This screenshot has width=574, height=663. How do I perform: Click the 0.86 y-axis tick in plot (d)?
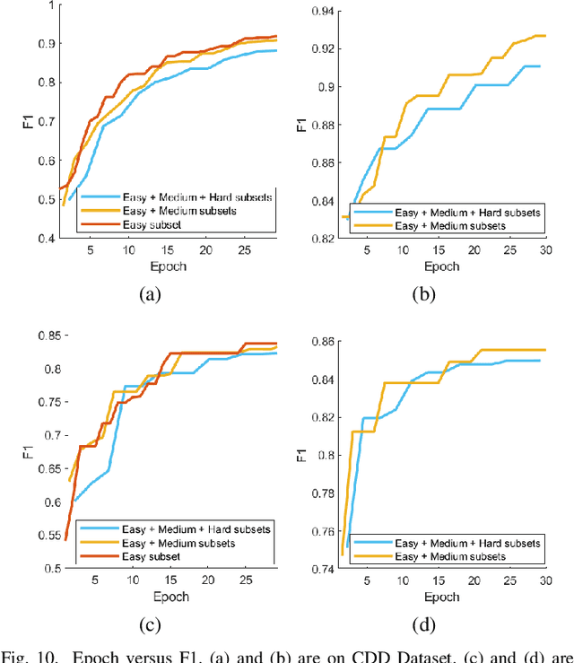pos(319,342)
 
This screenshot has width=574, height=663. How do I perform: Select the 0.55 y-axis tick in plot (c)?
pos(42,535)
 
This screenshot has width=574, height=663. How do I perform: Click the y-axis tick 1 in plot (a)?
pos(51,5)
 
